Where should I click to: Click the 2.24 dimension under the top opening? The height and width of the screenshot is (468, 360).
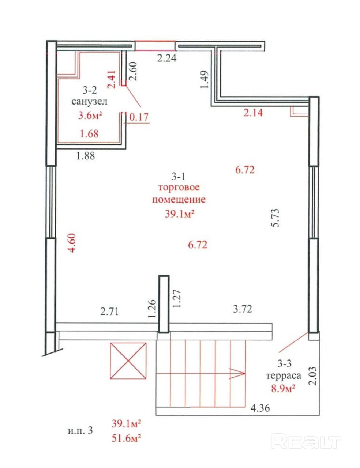point(166,58)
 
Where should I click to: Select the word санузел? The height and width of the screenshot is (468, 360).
point(89,101)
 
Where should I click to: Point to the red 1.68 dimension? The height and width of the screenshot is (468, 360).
point(89,134)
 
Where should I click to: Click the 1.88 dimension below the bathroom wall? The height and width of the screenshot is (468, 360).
point(86,156)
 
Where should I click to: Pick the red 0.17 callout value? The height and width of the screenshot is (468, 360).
point(139,117)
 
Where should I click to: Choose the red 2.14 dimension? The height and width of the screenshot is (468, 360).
point(253,113)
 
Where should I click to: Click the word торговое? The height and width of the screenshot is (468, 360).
point(179,187)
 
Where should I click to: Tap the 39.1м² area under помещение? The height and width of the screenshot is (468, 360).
point(179,214)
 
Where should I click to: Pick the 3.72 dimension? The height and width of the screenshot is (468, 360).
point(242,309)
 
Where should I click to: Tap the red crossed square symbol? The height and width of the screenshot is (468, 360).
point(128,361)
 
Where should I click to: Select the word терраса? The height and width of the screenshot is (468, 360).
point(283,376)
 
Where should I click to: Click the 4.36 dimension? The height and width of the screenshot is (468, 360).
point(260,408)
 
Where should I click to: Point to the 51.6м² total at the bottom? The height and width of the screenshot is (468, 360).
point(126,438)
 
